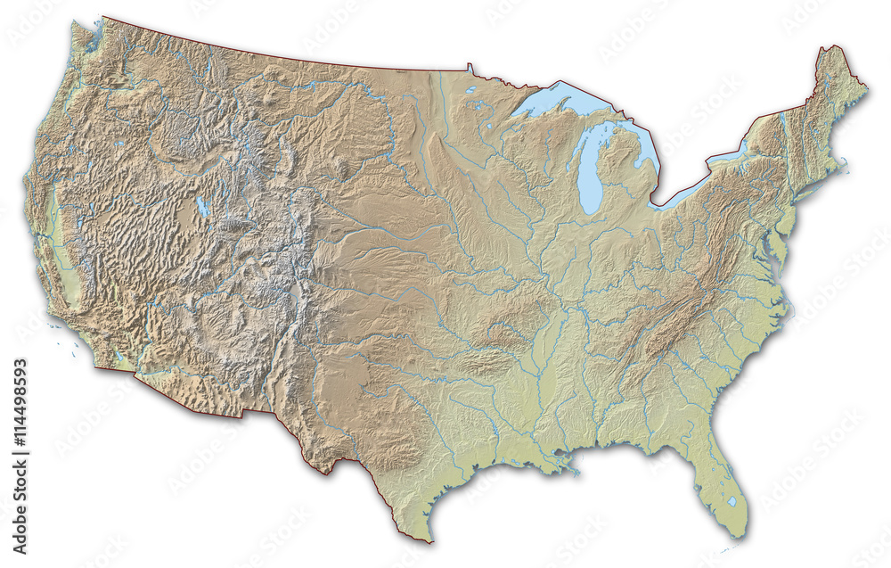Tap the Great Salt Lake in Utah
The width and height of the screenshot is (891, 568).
202,207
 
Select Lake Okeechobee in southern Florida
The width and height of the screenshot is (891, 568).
732,501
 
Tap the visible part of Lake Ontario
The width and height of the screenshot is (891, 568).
731,153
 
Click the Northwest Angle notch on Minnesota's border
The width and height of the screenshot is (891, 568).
470,66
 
